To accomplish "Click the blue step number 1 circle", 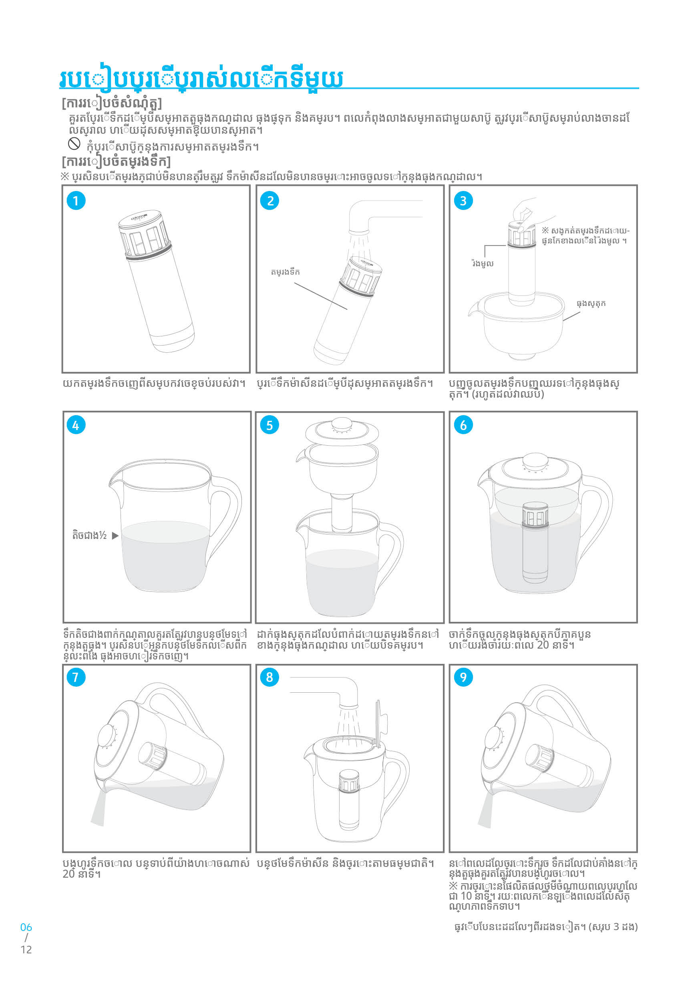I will (x=76, y=201).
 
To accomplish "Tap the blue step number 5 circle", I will (x=269, y=425).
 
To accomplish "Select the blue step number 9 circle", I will (x=463, y=677).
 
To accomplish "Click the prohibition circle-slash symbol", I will (x=74, y=143).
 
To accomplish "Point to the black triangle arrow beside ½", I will (x=115, y=535).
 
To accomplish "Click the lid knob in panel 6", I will (x=535, y=461).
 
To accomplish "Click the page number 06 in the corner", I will (x=26, y=927).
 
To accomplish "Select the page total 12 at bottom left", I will (x=26, y=950).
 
